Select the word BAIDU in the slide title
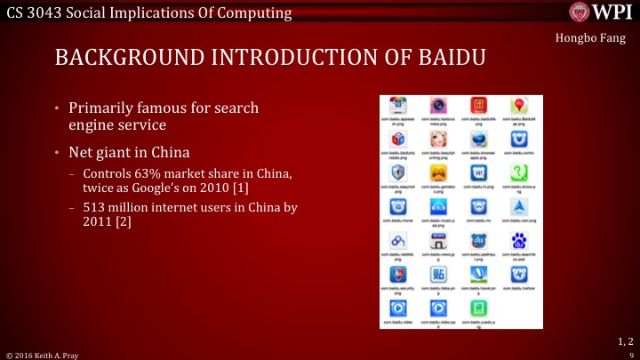452,59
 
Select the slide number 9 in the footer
629,354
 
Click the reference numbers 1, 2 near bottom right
624,341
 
